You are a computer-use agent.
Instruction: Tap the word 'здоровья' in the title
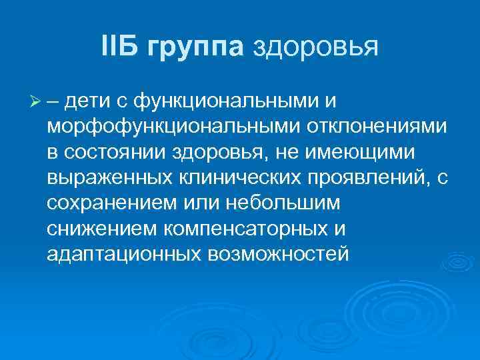[x=315, y=47]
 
